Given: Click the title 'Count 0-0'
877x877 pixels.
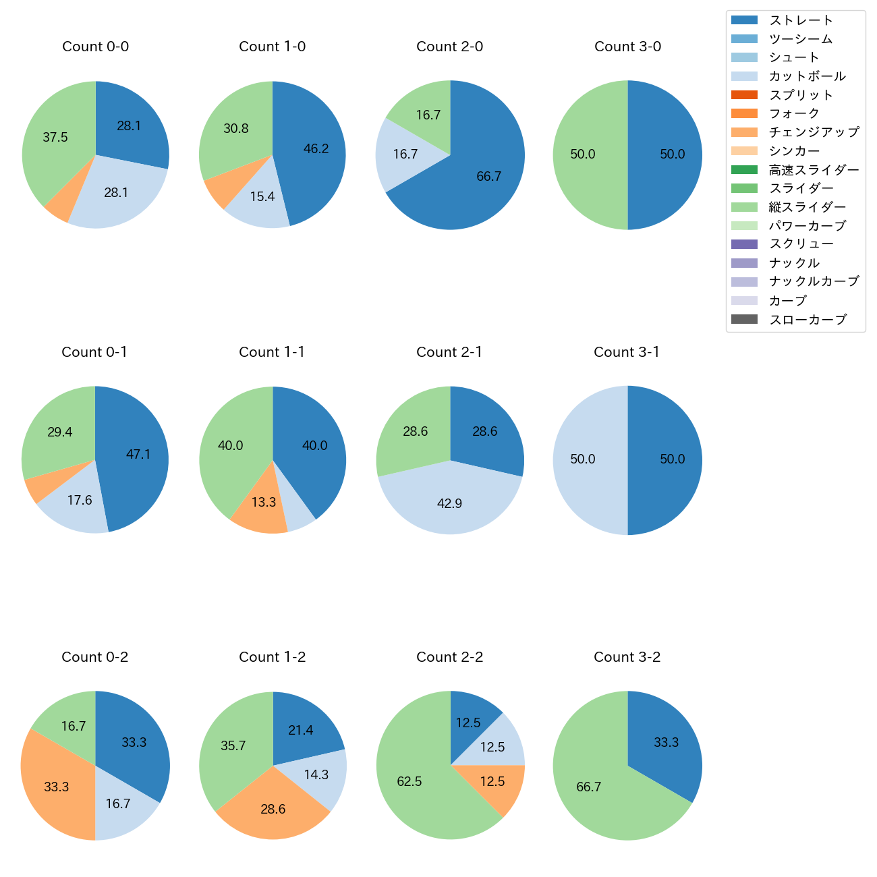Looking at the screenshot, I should pyautogui.click(x=95, y=47).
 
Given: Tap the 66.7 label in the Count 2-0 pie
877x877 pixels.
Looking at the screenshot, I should pyautogui.click(x=488, y=177).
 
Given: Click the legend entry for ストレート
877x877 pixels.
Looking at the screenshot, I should pyautogui.click(x=801, y=20).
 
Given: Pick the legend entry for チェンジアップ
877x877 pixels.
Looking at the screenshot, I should pyautogui.click(x=814, y=132).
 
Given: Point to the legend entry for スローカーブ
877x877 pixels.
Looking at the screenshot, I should pyautogui.click(x=808, y=320).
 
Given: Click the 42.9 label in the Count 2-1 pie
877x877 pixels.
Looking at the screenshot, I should pyautogui.click(x=449, y=503).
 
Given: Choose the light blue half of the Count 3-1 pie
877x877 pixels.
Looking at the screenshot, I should pyautogui.click(x=587, y=460).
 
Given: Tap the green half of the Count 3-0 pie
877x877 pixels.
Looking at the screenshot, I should pyautogui.click(x=587, y=155).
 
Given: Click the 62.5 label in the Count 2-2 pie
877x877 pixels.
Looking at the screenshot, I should pyautogui.click(x=409, y=781).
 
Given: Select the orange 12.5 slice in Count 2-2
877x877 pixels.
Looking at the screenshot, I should pyautogui.click(x=496, y=786).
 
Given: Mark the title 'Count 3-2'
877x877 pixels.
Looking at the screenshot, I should pyautogui.click(x=627, y=657).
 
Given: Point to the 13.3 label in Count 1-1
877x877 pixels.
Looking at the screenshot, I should pyautogui.click(x=264, y=503).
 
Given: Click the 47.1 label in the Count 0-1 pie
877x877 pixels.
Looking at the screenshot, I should pyautogui.click(x=138, y=455).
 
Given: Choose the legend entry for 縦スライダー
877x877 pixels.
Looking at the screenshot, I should pyautogui.click(x=807, y=207).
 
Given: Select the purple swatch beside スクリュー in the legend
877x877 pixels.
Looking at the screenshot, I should pyautogui.click(x=744, y=244).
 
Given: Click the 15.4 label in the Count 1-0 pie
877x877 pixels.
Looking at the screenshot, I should pyautogui.click(x=262, y=197).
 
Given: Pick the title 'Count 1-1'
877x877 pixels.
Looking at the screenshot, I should pyautogui.click(x=272, y=352).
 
